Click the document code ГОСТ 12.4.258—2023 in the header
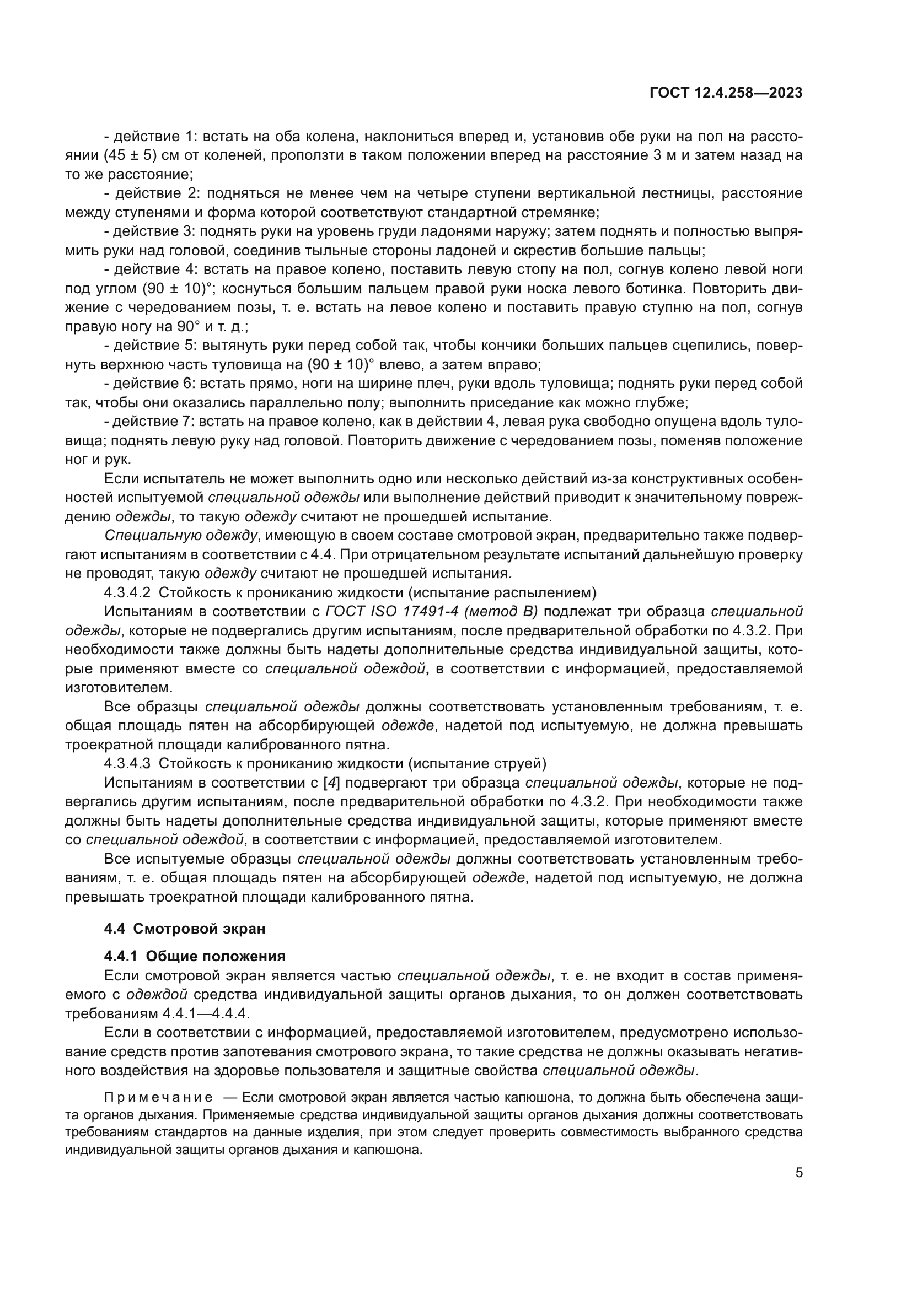click(726, 93)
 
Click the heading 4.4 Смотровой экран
click(184, 929)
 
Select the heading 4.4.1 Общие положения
click(194, 956)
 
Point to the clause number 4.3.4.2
click(127, 593)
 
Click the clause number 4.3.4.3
click(127, 763)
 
